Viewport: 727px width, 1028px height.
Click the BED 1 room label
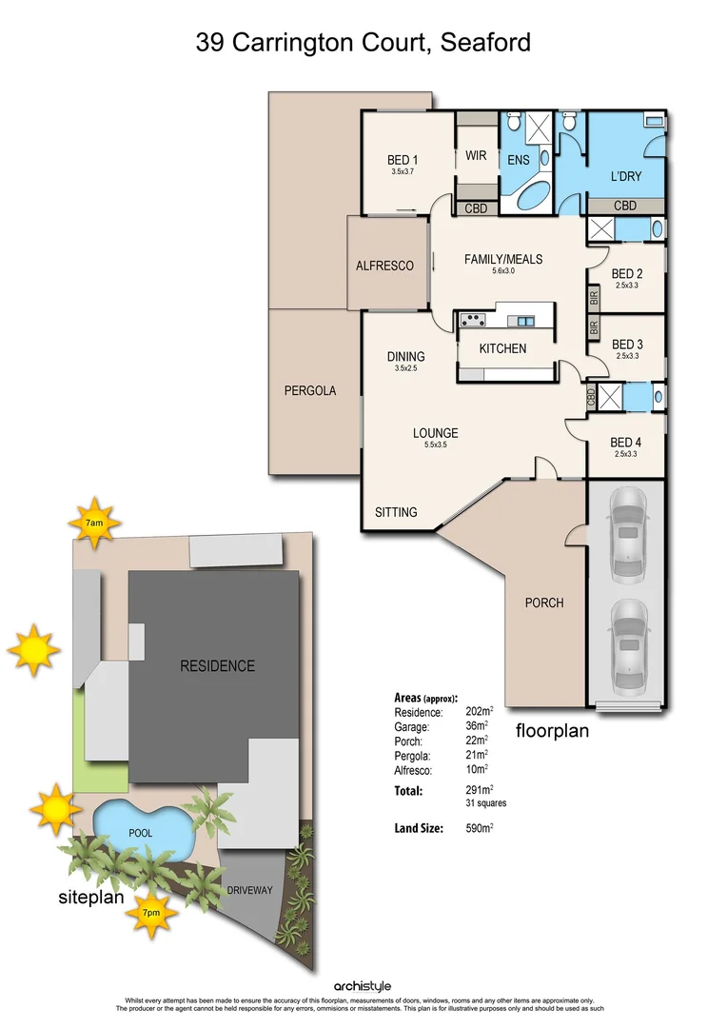[403, 160]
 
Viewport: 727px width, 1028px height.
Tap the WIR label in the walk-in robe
[476, 156]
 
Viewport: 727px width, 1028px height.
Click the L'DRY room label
[625, 177]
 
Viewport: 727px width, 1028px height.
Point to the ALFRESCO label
[384, 266]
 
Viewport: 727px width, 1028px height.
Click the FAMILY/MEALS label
[502, 259]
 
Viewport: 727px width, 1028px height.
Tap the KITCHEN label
[502, 348]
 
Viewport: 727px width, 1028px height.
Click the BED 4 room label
[626, 442]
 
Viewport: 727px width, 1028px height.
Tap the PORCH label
[544, 603]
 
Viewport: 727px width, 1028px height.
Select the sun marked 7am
[93, 523]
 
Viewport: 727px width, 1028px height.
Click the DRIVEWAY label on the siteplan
[250, 890]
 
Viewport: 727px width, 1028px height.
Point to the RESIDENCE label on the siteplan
[218, 665]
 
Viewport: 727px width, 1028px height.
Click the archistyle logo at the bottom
[363, 986]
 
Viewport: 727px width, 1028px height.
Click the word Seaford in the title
[486, 42]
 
